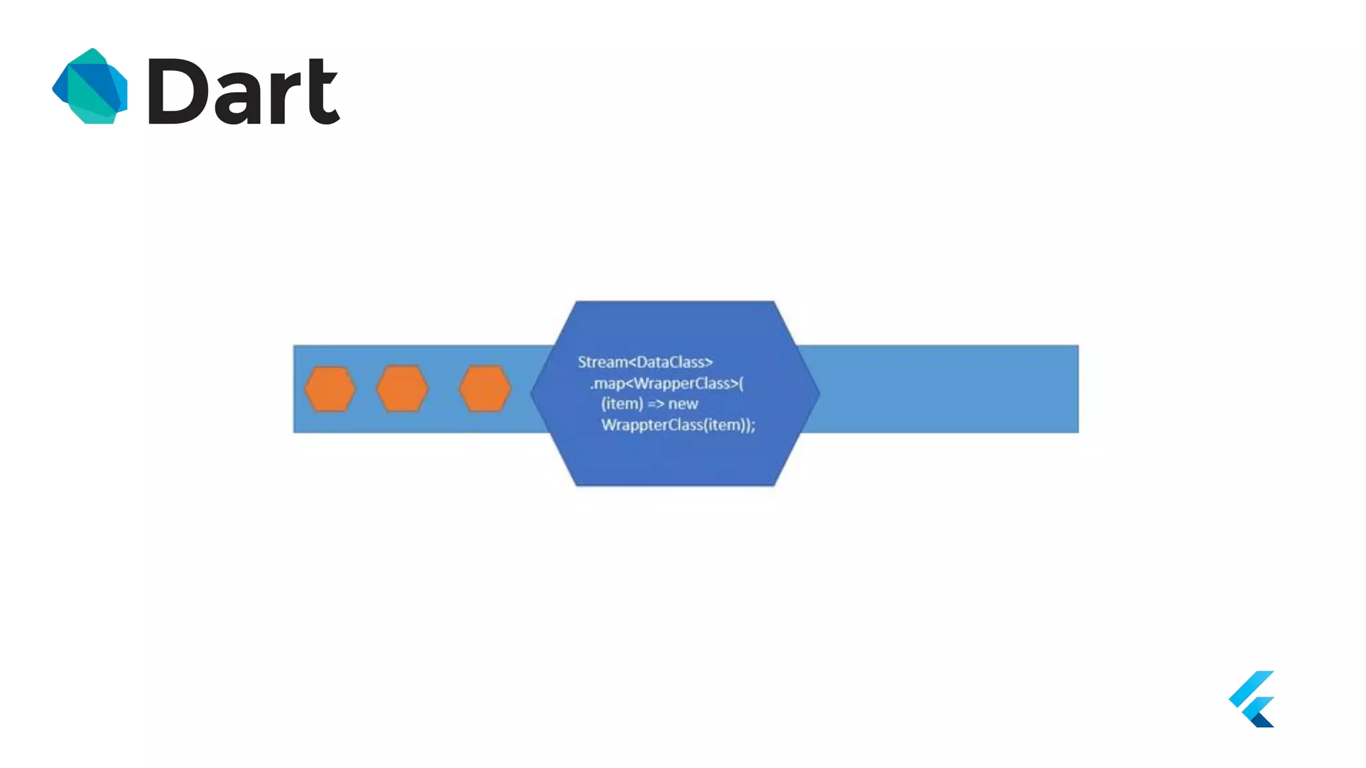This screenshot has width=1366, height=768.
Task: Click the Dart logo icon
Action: pos(90,87)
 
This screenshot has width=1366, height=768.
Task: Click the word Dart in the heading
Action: pos(243,91)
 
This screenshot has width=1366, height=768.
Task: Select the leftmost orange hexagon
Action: pos(330,389)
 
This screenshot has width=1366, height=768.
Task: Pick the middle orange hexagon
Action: pos(402,389)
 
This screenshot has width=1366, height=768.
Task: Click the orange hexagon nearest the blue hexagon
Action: pos(485,389)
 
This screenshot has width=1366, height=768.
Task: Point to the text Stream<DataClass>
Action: pos(645,362)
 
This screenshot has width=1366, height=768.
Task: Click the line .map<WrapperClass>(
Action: pos(666,383)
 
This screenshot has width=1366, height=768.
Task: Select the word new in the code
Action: pos(683,404)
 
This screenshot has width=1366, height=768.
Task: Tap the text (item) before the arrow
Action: pos(622,404)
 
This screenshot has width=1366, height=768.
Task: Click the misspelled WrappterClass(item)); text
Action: pos(678,425)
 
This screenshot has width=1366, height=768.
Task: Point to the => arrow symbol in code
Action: pos(656,404)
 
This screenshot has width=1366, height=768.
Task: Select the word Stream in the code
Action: pos(602,362)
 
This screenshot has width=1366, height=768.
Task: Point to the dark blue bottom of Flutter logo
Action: pos(1263,719)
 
